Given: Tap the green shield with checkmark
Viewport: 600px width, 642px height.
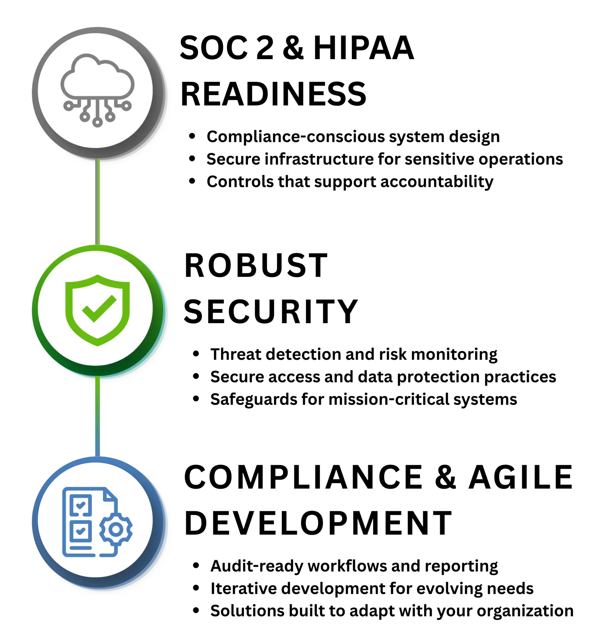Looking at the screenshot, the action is tap(97, 310).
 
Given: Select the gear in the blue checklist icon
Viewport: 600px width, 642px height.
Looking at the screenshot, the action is tap(116, 529).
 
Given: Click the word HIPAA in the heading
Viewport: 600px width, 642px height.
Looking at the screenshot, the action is tap(364, 48).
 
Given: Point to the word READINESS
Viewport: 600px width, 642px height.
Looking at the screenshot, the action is tap(273, 94).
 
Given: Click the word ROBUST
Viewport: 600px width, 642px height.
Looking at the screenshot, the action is tap(256, 265).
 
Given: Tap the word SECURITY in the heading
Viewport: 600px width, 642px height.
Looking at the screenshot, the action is tap(271, 312).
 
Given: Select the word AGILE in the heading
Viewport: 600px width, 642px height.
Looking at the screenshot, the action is tap(520, 477).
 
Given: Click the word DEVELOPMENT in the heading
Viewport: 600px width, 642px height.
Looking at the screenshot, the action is tap(318, 523).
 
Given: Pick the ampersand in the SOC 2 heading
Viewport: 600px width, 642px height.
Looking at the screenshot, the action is tap(293, 48).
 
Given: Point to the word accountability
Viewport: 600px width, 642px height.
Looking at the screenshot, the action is tap(437, 182).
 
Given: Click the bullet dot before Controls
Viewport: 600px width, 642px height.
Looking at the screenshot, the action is tap(192, 181).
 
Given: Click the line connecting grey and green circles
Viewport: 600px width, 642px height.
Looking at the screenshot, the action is tap(98, 201).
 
